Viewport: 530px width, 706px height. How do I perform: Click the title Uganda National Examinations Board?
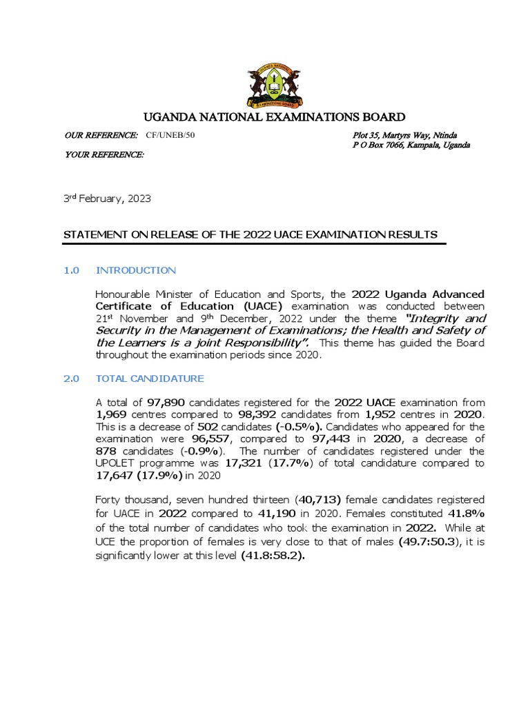click(274, 117)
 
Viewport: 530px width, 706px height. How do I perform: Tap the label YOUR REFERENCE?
click(104, 154)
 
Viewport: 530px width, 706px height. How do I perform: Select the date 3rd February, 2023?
click(107, 199)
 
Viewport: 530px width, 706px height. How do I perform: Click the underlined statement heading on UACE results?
click(251, 234)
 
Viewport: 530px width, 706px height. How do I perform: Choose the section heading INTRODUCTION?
click(136, 270)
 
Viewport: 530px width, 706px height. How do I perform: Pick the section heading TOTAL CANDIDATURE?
click(150, 379)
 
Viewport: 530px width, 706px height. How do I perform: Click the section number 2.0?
click(72, 379)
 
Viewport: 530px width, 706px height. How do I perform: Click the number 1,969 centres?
click(113, 414)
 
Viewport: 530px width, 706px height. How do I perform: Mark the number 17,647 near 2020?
click(115, 475)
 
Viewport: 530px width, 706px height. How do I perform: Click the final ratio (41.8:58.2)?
click(273, 555)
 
